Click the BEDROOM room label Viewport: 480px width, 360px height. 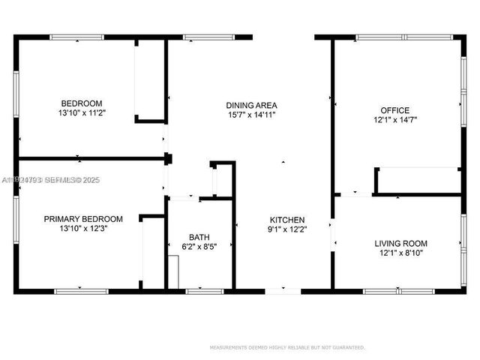(x=82, y=103)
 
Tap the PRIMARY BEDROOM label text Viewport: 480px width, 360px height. (x=82, y=219)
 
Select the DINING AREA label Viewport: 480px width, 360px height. (x=252, y=105)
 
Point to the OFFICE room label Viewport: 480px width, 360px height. (x=394, y=110)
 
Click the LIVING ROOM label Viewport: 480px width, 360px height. (x=400, y=243)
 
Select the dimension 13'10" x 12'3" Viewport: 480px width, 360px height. (x=82, y=229)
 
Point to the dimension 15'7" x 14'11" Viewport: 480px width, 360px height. (x=252, y=115)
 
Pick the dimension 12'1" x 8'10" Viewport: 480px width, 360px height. (x=400, y=253)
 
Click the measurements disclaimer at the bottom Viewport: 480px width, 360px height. (x=287, y=347)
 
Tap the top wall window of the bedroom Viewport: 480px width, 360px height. (x=76, y=36)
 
